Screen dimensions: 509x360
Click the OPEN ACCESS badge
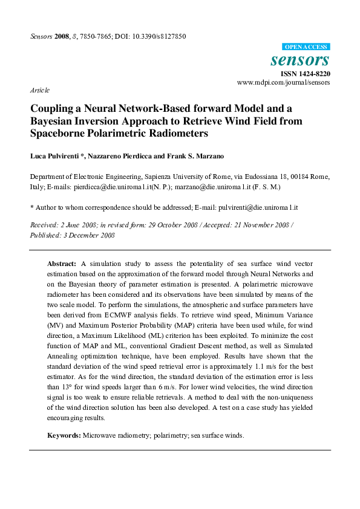pyautogui.click(x=306, y=47)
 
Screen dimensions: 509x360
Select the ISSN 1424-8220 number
pyautogui.click(x=306, y=74)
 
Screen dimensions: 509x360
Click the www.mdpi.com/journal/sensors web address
pyautogui.click(x=284, y=82)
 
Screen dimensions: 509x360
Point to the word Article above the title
pyautogui.click(x=39, y=90)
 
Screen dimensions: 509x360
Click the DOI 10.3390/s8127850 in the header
pyautogui.click(x=155, y=36)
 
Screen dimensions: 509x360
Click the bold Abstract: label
pyautogui.click(x=62, y=265)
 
